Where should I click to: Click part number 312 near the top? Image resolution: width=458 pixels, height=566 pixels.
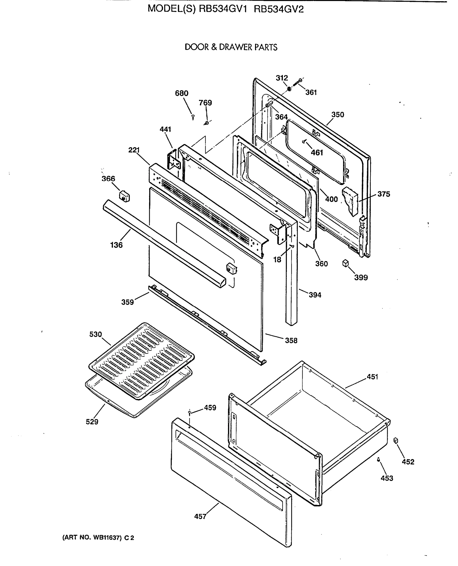tap(282, 78)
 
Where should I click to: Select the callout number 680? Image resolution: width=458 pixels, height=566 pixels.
tap(182, 93)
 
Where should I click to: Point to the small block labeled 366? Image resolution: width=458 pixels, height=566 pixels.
tap(124, 196)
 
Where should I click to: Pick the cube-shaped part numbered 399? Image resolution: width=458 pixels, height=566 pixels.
tap(345, 263)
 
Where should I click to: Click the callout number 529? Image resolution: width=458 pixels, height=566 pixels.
tap(92, 422)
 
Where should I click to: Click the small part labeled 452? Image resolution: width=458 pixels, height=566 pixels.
tap(396, 440)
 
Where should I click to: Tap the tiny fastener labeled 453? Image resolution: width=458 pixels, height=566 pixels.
tap(379, 459)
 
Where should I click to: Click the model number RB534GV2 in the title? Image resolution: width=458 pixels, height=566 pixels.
tap(279, 9)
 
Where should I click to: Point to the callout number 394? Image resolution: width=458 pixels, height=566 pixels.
tap(315, 295)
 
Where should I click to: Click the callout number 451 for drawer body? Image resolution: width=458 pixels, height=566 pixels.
tap(372, 377)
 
